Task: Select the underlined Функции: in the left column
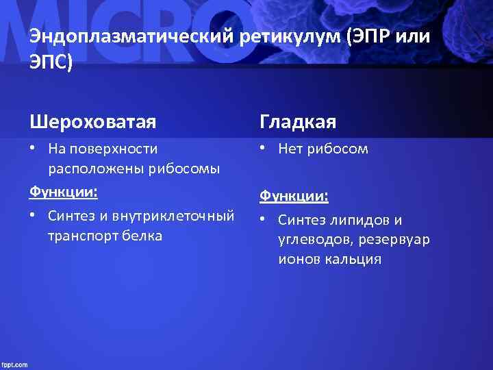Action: click(x=63, y=192)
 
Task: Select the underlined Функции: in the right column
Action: click(x=293, y=196)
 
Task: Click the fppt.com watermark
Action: click(x=14, y=365)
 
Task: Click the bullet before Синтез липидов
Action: click(x=264, y=220)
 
